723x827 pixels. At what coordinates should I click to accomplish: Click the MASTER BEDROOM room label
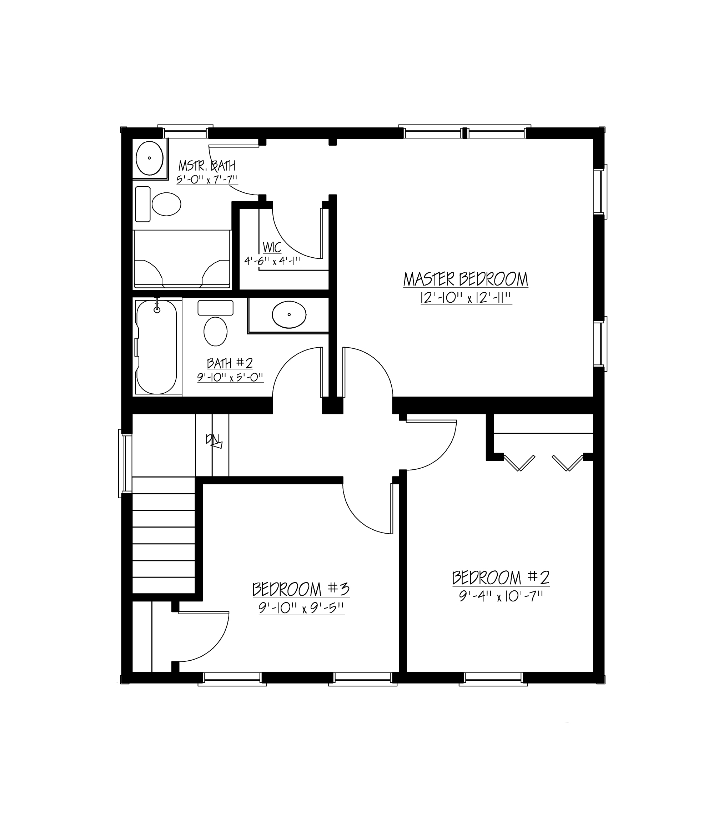point(466,279)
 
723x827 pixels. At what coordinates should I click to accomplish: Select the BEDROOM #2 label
point(500,578)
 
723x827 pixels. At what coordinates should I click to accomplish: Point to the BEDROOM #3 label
point(301,589)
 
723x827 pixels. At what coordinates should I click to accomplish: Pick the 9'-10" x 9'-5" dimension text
point(301,608)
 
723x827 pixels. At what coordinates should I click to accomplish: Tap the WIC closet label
point(272,247)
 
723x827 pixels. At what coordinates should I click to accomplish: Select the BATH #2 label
point(230,363)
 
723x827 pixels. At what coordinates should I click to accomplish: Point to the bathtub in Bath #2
point(156,347)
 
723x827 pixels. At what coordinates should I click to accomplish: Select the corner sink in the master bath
point(150,158)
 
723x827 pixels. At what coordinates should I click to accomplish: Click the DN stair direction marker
point(214,441)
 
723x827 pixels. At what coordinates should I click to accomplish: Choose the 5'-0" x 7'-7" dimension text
point(207,180)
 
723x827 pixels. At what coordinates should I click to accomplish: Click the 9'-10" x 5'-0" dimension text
point(230,378)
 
